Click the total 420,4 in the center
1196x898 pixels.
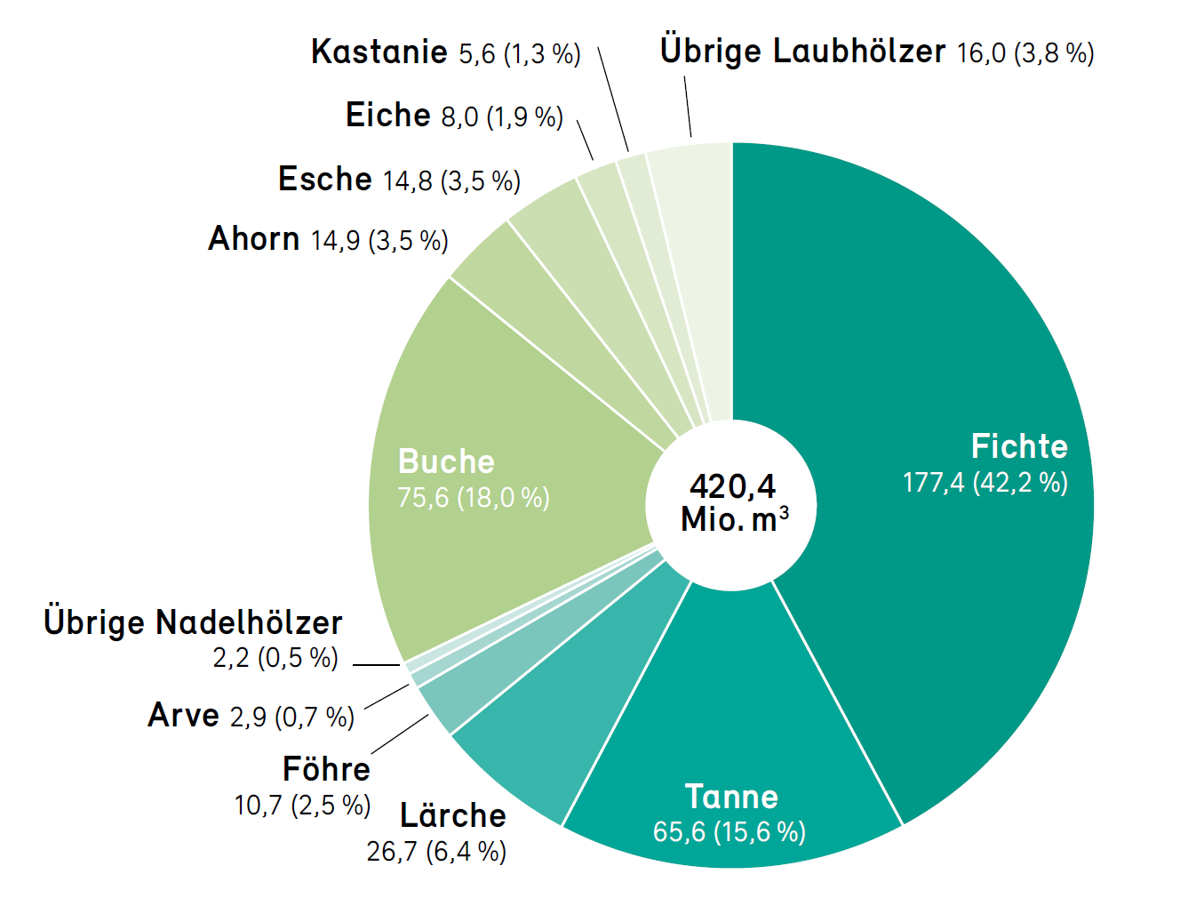tap(732, 486)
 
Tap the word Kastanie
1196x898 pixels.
tap(379, 52)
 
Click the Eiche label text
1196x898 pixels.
tap(387, 116)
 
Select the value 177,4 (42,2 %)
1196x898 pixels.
tap(985, 483)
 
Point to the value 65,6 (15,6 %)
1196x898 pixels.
tap(729, 832)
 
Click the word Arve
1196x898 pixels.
tap(183, 715)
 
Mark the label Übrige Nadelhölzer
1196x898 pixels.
tap(193, 622)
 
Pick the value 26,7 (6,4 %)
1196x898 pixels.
tap(436, 852)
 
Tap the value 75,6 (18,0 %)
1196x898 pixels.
tap(474, 497)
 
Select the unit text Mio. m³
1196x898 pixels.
tap(734, 519)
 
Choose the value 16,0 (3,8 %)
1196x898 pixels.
tap(1025, 53)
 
